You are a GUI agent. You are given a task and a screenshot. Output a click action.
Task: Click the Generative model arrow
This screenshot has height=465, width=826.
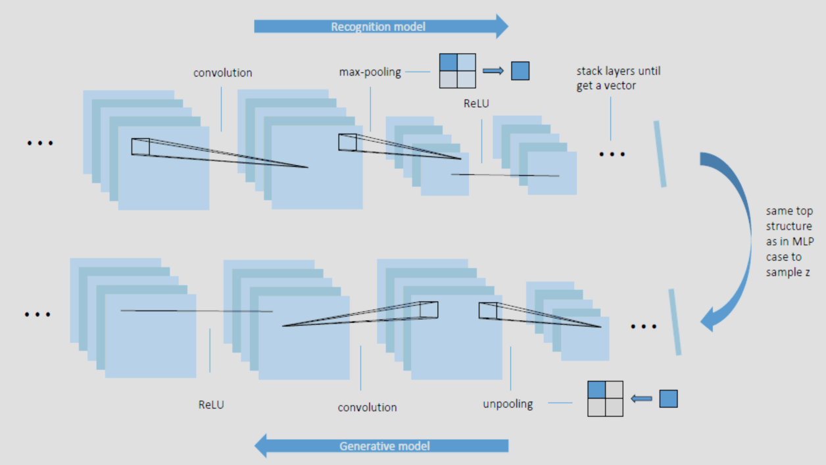381,446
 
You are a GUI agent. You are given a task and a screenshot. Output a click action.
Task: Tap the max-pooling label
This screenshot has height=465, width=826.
370,72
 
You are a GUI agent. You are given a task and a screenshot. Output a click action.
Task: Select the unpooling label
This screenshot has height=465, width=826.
508,403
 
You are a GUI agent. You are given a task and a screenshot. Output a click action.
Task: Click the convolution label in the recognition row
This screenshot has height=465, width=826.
222,72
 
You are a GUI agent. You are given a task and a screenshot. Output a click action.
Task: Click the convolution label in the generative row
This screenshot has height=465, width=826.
367,407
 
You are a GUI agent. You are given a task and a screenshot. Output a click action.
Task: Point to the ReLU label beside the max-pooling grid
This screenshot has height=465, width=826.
476,103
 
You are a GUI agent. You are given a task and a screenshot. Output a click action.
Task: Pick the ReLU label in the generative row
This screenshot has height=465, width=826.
211,404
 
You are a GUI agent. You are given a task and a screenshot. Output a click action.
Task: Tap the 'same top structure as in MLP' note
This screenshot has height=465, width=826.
789,241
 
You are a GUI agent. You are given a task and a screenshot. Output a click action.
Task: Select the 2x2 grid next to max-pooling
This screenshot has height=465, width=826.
457,70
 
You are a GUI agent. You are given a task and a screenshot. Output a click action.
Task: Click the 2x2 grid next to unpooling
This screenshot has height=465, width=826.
605,399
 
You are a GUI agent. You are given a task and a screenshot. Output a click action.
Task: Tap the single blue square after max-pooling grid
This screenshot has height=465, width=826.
520,70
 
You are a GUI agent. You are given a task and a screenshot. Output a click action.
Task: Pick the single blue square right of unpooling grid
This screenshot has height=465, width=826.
668,399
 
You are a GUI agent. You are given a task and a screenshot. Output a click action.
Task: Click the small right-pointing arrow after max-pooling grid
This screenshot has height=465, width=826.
493,70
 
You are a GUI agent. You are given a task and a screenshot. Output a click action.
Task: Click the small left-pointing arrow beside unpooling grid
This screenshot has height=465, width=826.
641,399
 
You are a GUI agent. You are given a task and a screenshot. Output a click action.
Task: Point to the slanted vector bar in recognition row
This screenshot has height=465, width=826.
660,153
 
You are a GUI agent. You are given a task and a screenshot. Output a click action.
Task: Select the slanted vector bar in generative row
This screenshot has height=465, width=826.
675,322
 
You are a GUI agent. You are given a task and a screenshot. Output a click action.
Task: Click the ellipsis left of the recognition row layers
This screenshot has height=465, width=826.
39,143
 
